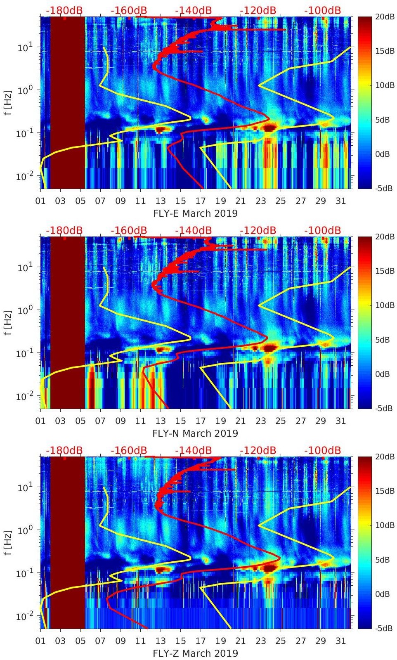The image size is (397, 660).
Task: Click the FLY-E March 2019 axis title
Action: pos(195,213)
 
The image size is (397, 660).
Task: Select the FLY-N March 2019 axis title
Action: pos(195,433)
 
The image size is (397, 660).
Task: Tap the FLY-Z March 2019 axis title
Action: pos(195,653)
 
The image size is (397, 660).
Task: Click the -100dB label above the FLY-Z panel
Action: pos(323,450)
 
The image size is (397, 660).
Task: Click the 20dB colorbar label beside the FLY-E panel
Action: pos(384,17)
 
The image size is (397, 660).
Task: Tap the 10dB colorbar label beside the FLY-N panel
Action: pos(384,305)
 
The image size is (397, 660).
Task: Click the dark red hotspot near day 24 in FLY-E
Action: pos(269,128)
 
